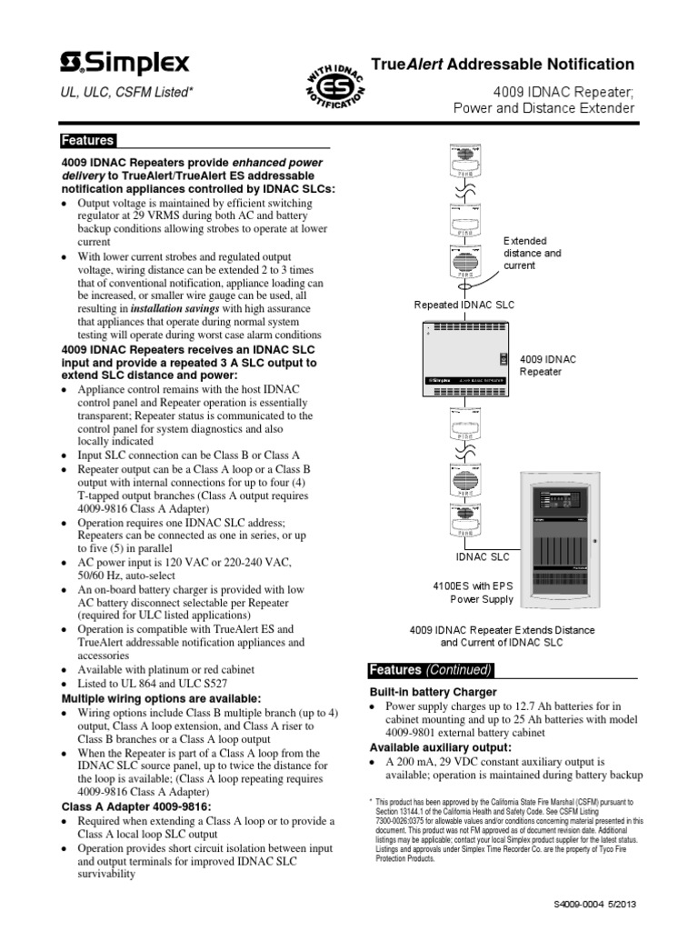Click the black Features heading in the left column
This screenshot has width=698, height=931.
87,141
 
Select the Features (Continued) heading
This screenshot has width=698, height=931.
431,670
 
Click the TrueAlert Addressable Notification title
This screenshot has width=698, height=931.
504,65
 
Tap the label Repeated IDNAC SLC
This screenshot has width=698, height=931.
464,305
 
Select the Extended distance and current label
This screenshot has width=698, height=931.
533,253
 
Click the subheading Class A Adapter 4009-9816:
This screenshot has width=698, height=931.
135,806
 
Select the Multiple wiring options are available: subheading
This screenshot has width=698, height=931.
148,697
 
